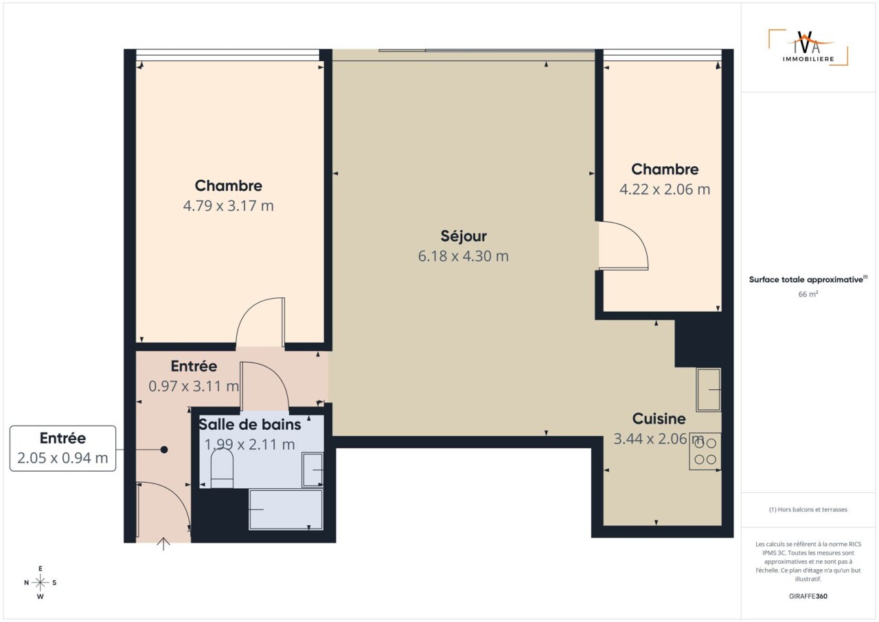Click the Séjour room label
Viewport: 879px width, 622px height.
pyautogui.click(x=464, y=236)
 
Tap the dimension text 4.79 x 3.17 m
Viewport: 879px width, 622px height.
pyautogui.click(x=229, y=206)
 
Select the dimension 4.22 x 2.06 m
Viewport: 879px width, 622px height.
pyautogui.click(x=665, y=189)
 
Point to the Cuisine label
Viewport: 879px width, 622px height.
pyautogui.click(x=659, y=419)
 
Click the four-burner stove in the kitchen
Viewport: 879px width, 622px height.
pyautogui.click(x=705, y=451)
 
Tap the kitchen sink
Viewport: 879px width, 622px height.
pyautogui.click(x=709, y=390)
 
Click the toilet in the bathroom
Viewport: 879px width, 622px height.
pyautogui.click(x=222, y=468)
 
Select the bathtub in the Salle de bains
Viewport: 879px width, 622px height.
pyautogui.click(x=286, y=509)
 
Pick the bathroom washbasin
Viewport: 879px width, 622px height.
pyautogui.click(x=312, y=470)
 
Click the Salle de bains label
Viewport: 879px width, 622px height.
pyautogui.click(x=250, y=424)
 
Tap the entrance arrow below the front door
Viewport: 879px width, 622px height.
pyautogui.click(x=163, y=544)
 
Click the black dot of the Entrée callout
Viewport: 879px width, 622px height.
pyautogui.click(x=164, y=450)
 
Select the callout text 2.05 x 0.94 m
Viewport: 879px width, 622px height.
pyautogui.click(x=62, y=458)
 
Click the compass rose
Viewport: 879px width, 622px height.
pyautogui.click(x=40, y=583)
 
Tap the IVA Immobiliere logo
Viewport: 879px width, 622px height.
pyautogui.click(x=808, y=47)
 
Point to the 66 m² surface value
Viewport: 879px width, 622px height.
pyautogui.click(x=808, y=294)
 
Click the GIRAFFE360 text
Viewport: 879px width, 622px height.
pyautogui.click(x=808, y=596)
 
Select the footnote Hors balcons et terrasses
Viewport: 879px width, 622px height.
pyautogui.click(x=808, y=509)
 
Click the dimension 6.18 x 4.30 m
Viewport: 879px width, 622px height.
pyautogui.click(x=464, y=256)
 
